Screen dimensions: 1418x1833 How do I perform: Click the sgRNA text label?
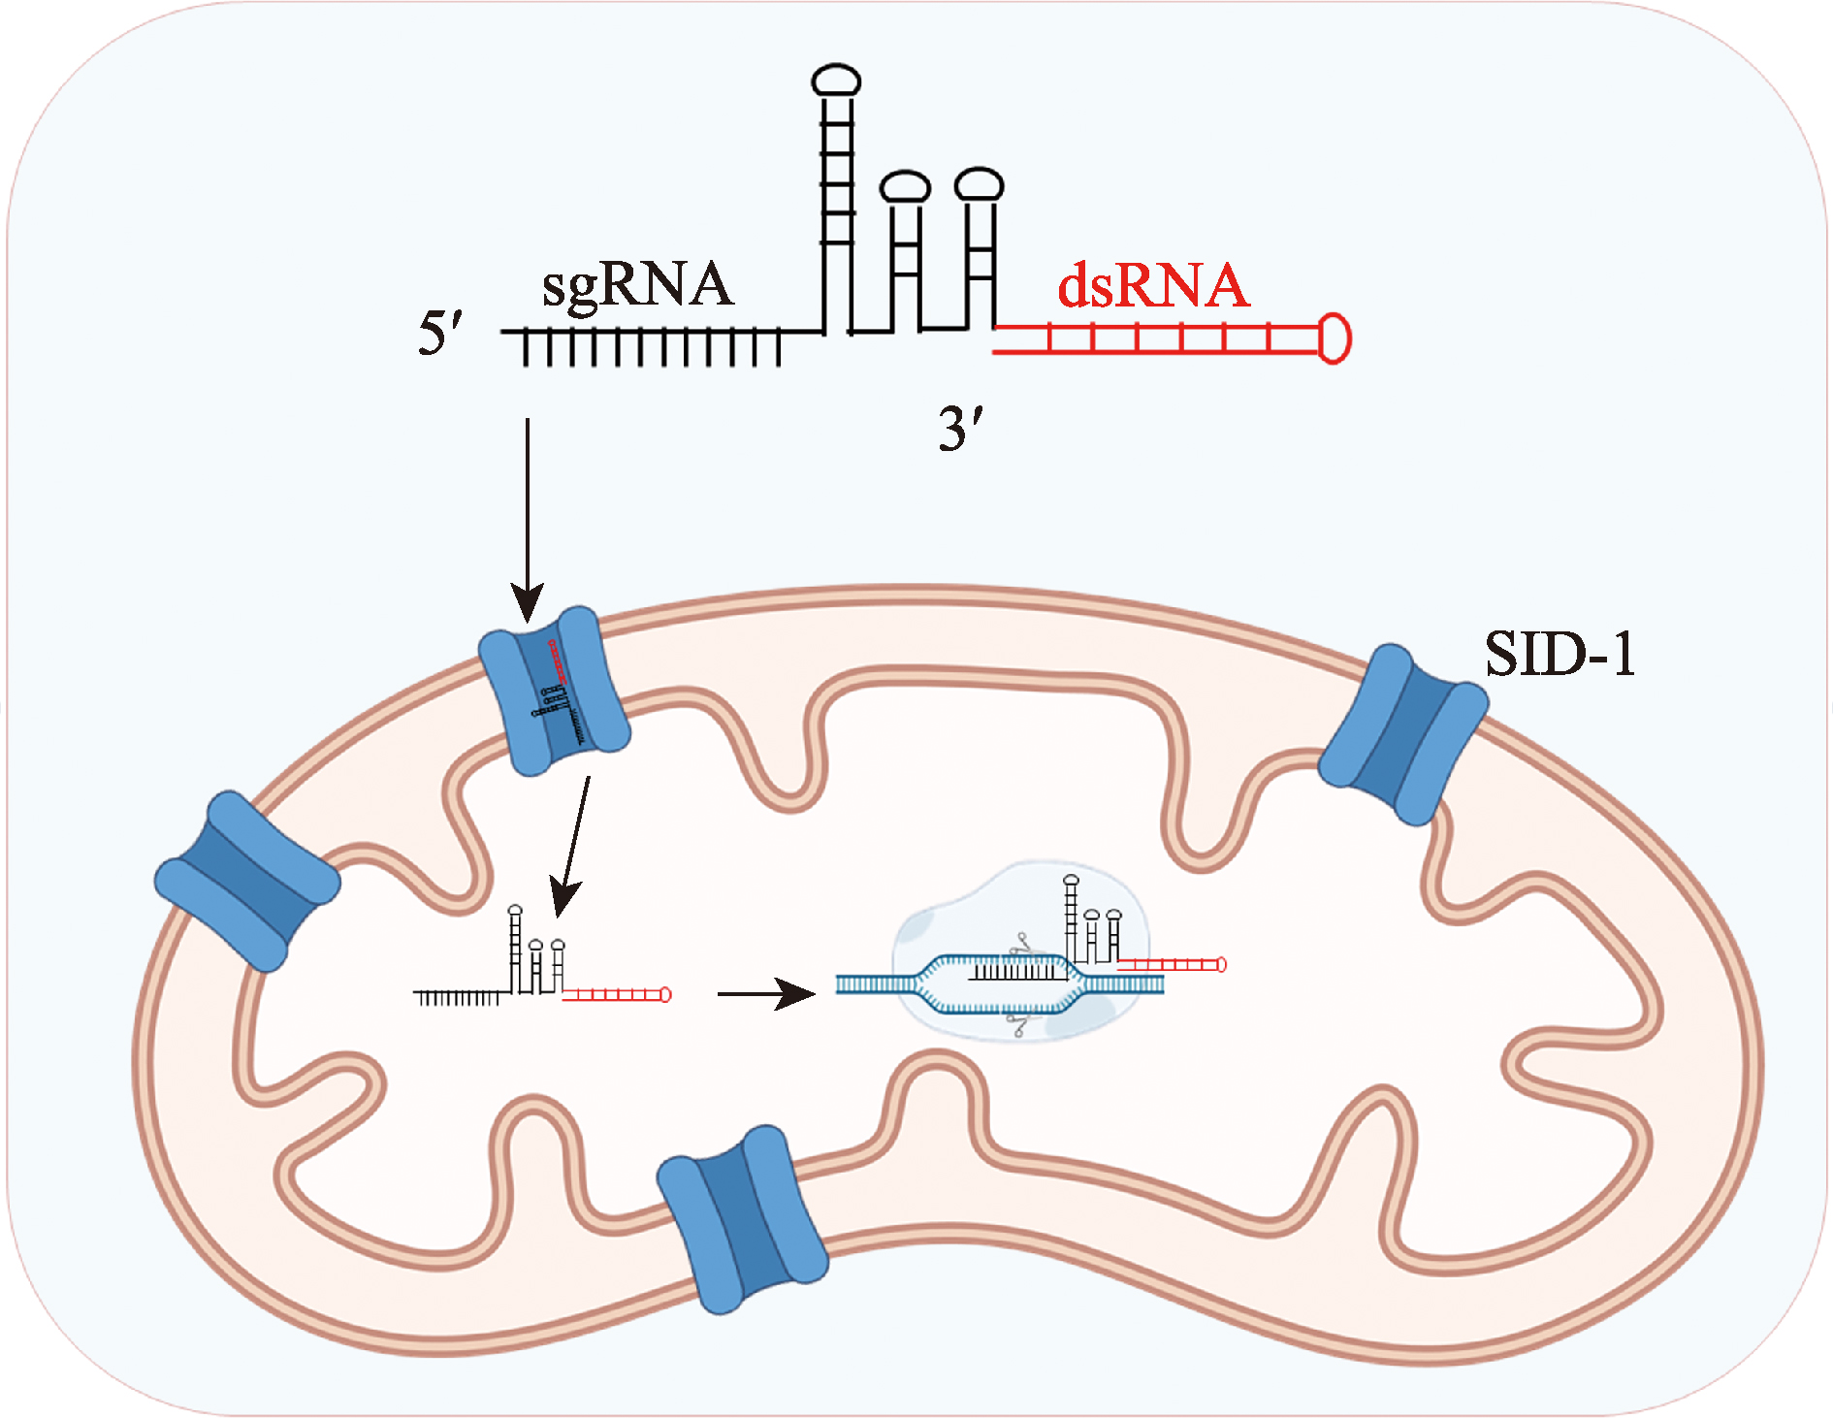click(636, 286)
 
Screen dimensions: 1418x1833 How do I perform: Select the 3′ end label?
click(960, 429)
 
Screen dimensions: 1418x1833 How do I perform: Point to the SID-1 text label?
click(1560, 654)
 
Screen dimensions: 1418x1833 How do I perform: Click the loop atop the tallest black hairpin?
click(836, 80)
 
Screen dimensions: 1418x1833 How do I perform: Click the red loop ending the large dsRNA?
click(1335, 338)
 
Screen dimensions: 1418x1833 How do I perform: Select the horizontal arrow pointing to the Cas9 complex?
click(766, 993)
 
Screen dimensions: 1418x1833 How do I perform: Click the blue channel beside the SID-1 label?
click(1402, 733)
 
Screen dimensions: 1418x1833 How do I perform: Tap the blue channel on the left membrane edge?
click(247, 881)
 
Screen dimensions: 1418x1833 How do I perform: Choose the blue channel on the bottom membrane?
click(742, 1219)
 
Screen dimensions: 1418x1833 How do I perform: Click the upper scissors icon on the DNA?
click(1020, 942)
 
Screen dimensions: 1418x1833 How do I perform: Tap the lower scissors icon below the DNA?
click(1017, 1023)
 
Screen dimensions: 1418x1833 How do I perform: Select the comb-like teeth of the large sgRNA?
click(650, 347)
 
